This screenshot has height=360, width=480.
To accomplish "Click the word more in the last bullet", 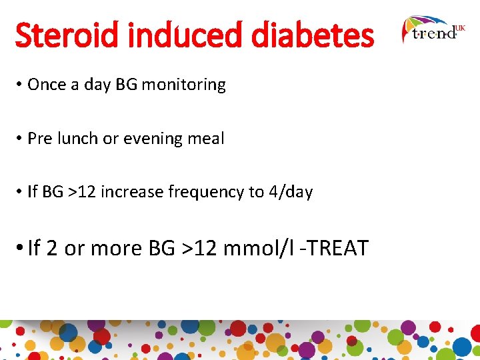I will tap(117, 249).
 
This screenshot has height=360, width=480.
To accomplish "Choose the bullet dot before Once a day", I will tap(20, 85).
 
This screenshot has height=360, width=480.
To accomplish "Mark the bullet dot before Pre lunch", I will tap(20, 139).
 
